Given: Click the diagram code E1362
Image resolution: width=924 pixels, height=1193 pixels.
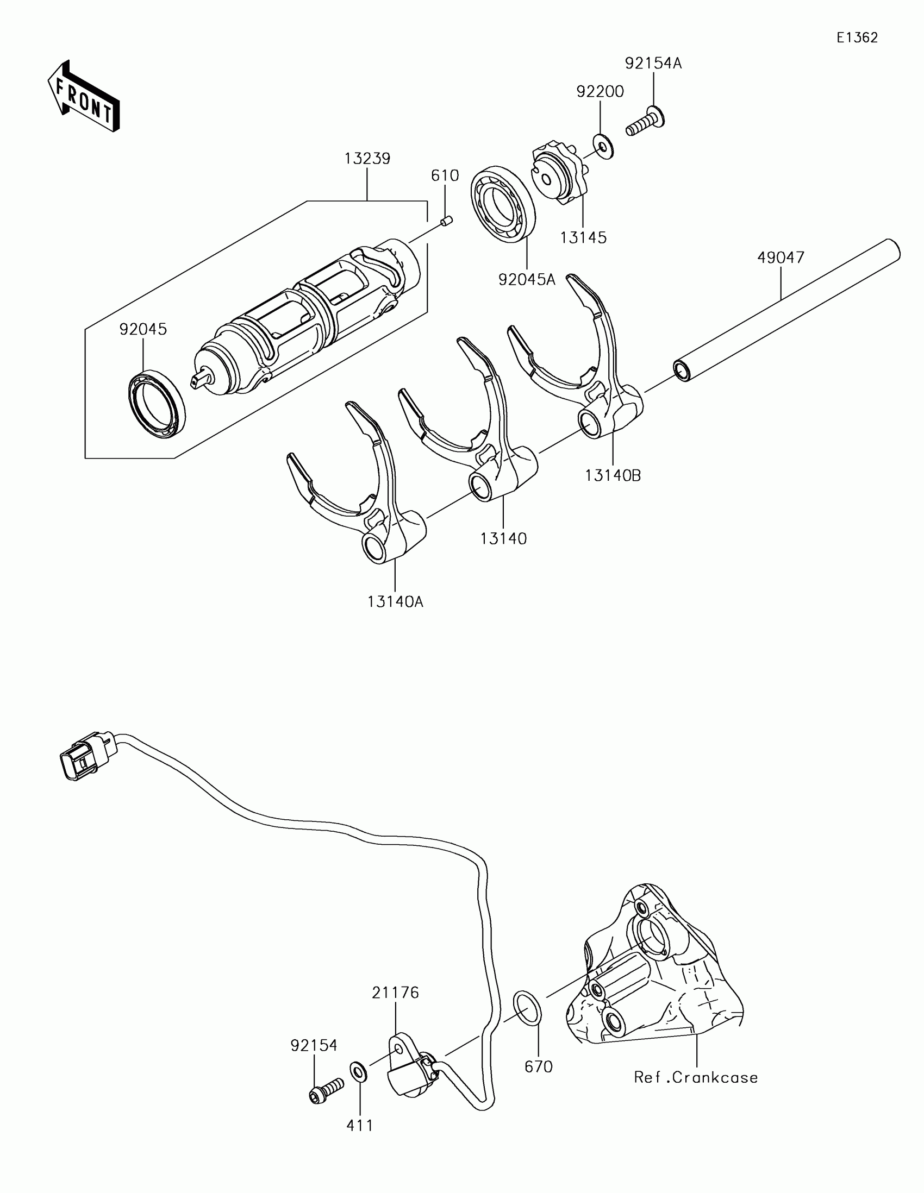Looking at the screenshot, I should pos(857,37).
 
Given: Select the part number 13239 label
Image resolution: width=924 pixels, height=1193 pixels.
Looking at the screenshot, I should pos(367,159).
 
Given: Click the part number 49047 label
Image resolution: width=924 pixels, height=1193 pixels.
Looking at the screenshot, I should pos(781,258).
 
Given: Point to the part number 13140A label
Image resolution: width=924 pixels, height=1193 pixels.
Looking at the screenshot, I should pos(396,601).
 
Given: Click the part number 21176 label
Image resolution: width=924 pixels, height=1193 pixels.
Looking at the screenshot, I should pos(396,993).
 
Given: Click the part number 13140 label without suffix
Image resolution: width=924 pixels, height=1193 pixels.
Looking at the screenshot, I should pos(503,538).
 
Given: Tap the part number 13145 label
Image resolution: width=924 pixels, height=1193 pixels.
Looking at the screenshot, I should pos(583,237).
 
